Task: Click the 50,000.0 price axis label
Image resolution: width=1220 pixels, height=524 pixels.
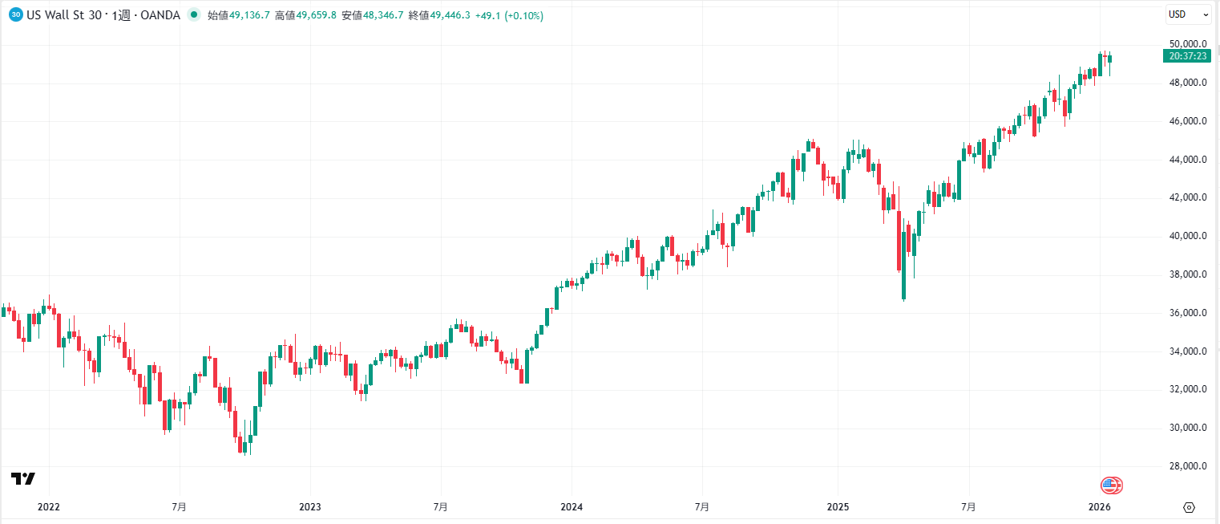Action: pyautogui.click(x=1188, y=44)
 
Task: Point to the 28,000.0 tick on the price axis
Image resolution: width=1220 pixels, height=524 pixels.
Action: pyautogui.click(x=1188, y=466)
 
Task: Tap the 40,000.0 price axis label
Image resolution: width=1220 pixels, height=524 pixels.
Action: pyautogui.click(x=1188, y=236)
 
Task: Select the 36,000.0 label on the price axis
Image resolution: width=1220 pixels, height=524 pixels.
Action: pyautogui.click(x=1188, y=313)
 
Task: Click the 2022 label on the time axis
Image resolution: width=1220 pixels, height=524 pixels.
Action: pyautogui.click(x=49, y=507)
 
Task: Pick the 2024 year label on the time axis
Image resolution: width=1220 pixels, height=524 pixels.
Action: pyautogui.click(x=571, y=507)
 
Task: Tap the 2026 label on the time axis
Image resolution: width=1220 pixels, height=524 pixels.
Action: pyautogui.click(x=1100, y=507)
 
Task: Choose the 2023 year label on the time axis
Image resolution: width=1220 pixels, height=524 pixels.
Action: pyautogui.click(x=309, y=507)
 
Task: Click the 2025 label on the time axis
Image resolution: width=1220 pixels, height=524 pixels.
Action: pyautogui.click(x=837, y=507)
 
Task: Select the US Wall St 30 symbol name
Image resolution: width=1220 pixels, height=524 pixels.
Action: pyautogui.click(x=63, y=15)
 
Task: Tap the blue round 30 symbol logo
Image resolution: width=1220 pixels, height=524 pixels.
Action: pyautogui.click(x=16, y=14)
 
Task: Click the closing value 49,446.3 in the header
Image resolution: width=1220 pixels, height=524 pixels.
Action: pyautogui.click(x=450, y=15)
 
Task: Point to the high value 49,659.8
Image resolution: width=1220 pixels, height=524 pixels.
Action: pyautogui.click(x=317, y=15)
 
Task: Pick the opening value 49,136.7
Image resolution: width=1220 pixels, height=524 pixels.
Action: pyautogui.click(x=249, y=15)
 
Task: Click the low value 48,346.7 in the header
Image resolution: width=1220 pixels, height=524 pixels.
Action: pyautogui.click(x=383, y=15)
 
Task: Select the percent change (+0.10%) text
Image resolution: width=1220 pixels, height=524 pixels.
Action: pyautogui.click(x=523, y=15)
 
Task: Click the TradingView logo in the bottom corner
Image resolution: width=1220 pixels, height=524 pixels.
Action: pyautogui.click(x=23, y=479)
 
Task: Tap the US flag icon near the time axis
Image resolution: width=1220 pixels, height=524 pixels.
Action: pyautogui.click(x=1109, y=485)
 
